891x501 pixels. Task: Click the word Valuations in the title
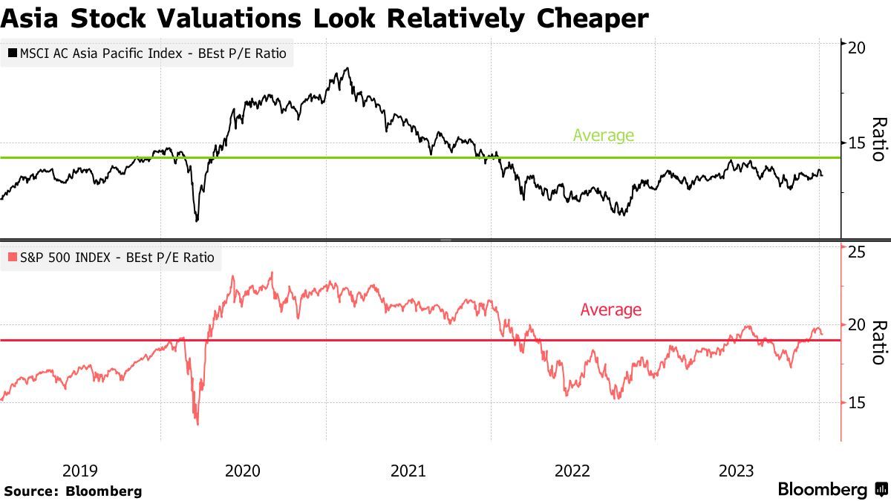226,18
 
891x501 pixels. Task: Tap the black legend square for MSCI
12,53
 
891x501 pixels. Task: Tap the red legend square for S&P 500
12,258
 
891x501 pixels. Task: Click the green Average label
603,135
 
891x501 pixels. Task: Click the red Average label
610,310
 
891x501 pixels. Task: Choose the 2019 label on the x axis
79,470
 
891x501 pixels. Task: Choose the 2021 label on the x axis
408,470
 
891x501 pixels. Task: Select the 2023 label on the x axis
737,470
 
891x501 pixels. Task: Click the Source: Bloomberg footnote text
72,491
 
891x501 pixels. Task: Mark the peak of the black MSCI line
347,68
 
